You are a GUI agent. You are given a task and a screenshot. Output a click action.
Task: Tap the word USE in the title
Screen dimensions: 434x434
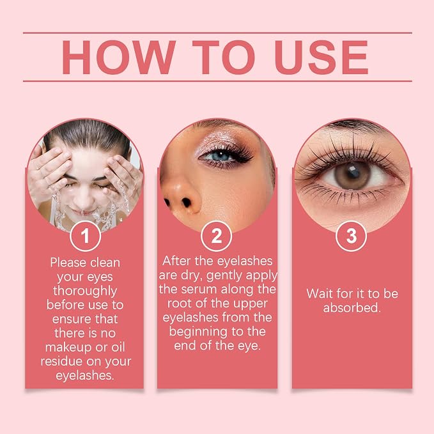(x=322, y=58)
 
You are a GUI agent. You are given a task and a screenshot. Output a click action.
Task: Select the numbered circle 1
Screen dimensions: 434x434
(x=85, y=236)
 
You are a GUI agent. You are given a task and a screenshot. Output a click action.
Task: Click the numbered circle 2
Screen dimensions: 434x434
(x=217, y=236)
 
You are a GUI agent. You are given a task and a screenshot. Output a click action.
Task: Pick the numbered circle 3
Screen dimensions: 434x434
(x=352, y=236)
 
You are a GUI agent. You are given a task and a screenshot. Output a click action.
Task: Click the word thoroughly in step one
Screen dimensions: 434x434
(x=85, y=291)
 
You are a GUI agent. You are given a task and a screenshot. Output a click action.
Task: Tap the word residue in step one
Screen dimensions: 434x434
(x=62, y=362)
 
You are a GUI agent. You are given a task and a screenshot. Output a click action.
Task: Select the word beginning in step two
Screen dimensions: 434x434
(x=199, y=332)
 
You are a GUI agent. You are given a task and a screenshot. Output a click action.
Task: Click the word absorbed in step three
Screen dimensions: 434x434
(x=352, y=308)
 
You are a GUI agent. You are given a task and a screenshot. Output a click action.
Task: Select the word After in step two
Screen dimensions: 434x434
(x=176, y=261)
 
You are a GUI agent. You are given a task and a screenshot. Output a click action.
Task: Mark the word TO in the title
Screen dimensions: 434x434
(x=224, y=58)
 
